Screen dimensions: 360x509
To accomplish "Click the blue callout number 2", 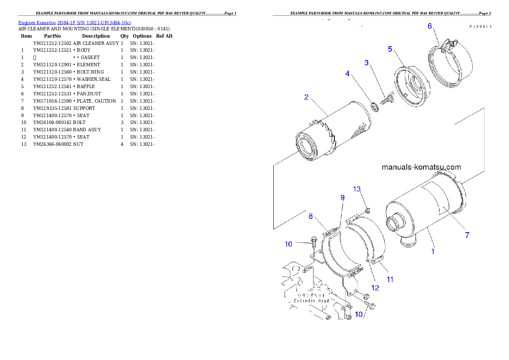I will [306, 97].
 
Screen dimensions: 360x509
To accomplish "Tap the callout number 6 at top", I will [430, 26].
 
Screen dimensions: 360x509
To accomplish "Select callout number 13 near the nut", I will [357, 189].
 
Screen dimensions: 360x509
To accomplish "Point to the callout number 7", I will [467, 235].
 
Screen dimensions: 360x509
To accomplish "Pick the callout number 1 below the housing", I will [432, 251].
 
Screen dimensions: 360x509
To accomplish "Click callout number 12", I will [375, 288].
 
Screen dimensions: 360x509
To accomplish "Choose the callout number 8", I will [311, 216].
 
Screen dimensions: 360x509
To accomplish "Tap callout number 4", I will [347, 74].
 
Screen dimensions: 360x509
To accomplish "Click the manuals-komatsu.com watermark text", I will [421, 167].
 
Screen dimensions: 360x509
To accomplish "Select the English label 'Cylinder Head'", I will [311, 301].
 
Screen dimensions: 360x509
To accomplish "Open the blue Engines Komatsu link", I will [74, 22].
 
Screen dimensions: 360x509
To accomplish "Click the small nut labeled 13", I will [368, 210].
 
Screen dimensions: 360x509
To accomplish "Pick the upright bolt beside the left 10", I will [314, 243].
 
